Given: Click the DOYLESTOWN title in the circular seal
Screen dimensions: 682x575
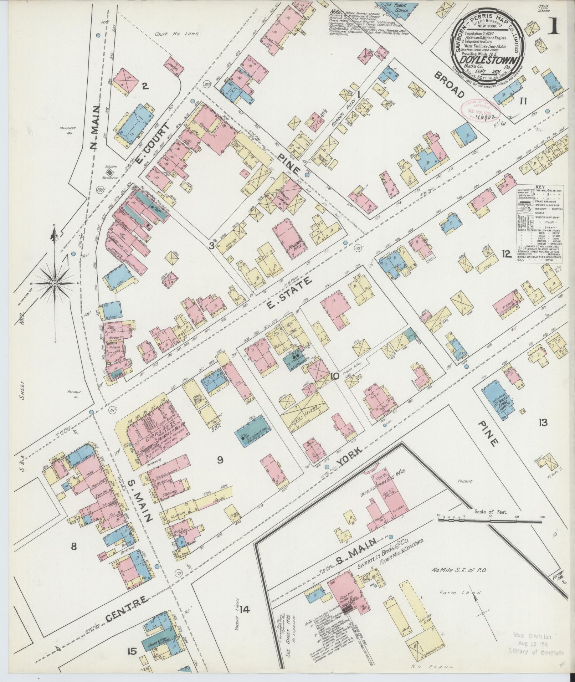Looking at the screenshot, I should click(482, 59).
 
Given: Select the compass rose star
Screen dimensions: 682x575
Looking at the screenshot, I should click(55, 283).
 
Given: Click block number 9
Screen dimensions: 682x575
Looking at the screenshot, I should click(220, 460).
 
